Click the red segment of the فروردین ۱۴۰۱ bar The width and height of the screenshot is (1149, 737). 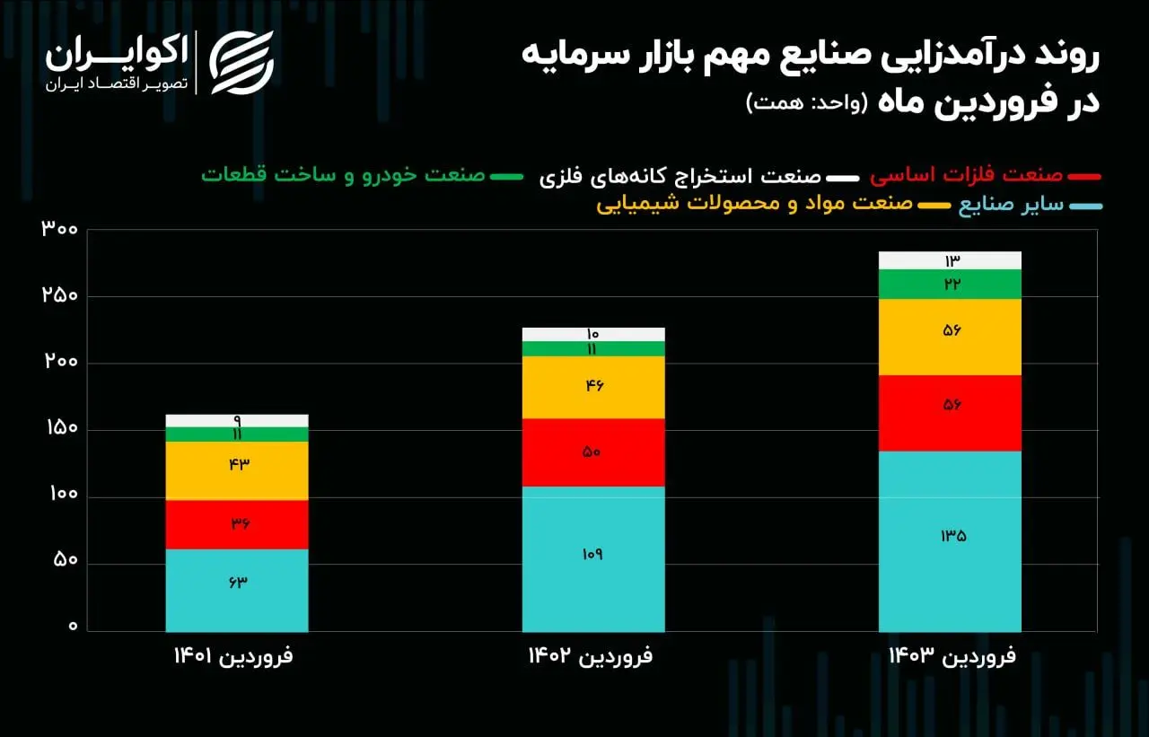(x=237, y=524)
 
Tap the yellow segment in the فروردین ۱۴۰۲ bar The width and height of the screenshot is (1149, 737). (x=593, y=387)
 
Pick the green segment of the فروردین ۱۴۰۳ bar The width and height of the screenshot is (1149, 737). (x=950, y=284)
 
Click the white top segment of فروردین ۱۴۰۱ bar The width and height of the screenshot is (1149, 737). (x=237, y=420)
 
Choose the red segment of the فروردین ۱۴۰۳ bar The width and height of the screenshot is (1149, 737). (x=950, y=413)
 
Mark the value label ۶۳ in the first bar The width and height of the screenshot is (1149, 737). (x=237, y=581)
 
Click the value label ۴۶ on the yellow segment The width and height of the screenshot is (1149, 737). (x=593, y=386)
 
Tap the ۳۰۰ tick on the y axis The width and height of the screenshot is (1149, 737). (x=60, y=229)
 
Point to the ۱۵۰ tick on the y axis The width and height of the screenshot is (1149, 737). (x=60, y=429)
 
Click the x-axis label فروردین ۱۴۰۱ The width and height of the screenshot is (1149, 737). (x=233, y=656)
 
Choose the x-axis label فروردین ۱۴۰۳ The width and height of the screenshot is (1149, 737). (x=952, y=656)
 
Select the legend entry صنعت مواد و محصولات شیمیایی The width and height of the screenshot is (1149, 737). (x=754, y=204)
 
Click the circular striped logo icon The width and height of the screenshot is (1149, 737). (x=241, y=63)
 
